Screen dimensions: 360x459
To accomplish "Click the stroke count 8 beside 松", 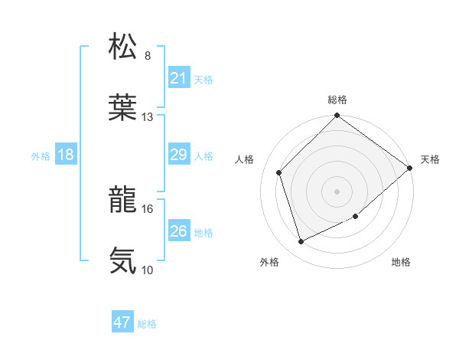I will click(x=148, y=56).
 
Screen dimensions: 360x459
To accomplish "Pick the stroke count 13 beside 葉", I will click(x=148, y=117).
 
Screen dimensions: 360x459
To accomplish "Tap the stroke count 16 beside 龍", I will click(x=148, y=208).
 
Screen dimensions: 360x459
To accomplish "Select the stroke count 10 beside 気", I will click(x=148, y=270).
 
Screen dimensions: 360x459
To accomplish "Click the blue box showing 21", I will click(x=179, y=78).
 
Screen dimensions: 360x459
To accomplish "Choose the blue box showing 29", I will click(x=179, y=155).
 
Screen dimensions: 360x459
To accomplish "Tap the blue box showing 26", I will click(x=179, y=231).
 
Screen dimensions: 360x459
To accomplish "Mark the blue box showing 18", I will click(x=66, y=155).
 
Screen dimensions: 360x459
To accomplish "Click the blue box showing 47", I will click(x=122, y=322).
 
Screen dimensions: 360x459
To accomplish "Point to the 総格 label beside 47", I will click(x=147, y=324).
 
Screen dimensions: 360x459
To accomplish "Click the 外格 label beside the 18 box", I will click(x=41, y=156).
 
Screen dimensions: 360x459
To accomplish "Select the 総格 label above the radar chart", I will click(x=337, y=100).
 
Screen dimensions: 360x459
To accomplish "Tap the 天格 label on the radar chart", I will click(x=430, y=159).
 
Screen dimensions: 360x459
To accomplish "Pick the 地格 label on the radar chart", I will click(x=401, y=263).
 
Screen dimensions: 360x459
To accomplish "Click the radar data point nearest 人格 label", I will click(x=279, y=172).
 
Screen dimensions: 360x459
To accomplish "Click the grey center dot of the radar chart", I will click(x=337, y=191).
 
